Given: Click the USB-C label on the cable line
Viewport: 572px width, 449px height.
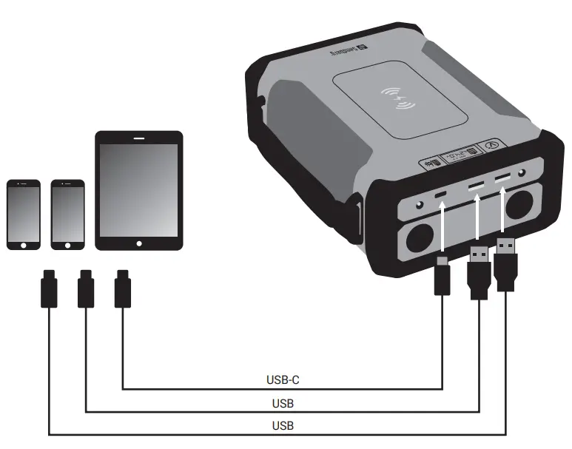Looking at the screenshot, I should pyautogui.click(x=282, y=381).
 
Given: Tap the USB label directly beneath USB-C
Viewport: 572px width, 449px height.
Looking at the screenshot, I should pyautogui.click(x=282, y=404).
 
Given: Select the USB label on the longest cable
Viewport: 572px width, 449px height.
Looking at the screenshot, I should pyautogui.click(x=282, y=426).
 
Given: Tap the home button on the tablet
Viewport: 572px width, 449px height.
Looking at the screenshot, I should pyautogui.click(x=138, y=243).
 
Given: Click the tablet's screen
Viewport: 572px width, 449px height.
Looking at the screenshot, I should pyautogui.click(x=138, y=189).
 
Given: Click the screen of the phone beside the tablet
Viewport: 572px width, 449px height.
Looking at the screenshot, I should pyautogui.click(x=67, y=213).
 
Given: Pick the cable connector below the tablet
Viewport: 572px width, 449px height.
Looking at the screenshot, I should pyautogui.click(x=121, y=291).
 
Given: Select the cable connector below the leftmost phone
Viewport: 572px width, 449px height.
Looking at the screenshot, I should pyautogui.click(x=48, y=291).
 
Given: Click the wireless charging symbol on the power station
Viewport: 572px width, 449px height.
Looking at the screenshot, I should pyautogui.click(x=396, y=99).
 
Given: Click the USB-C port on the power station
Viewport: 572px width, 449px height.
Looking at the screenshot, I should pyautogui.click(x=442, y=195).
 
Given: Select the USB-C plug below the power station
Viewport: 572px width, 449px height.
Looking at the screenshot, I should pyautogui.click(x=442, y=276).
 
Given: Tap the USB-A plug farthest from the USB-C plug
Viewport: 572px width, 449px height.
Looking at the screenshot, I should pyautogui.click(x=506, y=265).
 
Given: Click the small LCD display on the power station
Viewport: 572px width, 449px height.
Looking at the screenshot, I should pyautogui.click(x=460, y=157).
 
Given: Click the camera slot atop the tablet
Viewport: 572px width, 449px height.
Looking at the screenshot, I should pyautogui.click(x=138, y=138).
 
